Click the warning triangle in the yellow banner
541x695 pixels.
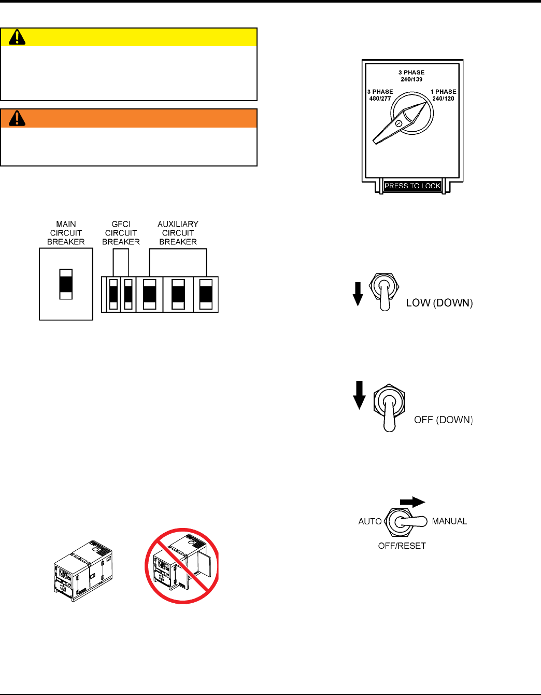pos(17,37)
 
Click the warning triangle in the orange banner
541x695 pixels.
pos(17,118)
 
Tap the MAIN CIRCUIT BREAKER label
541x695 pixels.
pos(66,233)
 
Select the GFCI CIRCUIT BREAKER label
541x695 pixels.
pos(121,233)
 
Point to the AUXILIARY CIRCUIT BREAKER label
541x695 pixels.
pos(178,233)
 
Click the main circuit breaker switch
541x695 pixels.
pos(66,284)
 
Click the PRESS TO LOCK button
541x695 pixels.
pos(412,186)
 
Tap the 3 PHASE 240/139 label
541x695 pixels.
pos(411,76)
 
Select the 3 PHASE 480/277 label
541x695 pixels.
pos(380,95)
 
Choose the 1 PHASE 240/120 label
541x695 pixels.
pos(443,95)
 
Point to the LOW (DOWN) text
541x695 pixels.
pos(439,303)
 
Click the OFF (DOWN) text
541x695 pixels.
pos(443,420)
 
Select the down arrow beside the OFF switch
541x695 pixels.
pos(359,395)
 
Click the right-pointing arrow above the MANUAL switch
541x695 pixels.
pos(412,502)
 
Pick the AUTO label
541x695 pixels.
pos(370,521)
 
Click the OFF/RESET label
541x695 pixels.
pos(402,546)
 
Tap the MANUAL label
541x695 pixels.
pos(449,521)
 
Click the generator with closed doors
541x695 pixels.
pos(83,571)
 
